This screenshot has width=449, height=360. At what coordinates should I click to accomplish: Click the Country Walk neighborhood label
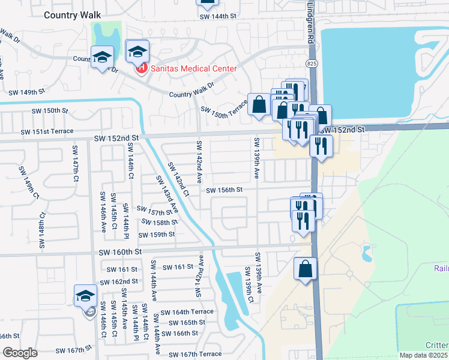click(73, 14)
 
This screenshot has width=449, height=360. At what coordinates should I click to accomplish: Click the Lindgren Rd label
click(310, 21)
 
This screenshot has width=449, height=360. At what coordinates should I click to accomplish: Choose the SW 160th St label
click(122, 252)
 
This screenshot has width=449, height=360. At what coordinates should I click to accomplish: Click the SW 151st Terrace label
click(47, 131)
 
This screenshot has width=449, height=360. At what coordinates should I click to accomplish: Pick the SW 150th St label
click(51, 111)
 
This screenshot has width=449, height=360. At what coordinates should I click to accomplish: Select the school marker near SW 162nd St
click(85, 296)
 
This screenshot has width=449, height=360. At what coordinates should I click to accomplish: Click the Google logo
click(20, 353)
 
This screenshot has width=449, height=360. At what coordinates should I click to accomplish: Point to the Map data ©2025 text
click(423, 355)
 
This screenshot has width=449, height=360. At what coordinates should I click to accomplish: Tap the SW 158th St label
click(160, 222)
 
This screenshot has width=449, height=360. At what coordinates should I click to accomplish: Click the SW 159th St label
click(156, 234)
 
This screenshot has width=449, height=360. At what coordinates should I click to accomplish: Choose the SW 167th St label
click(74, 349)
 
